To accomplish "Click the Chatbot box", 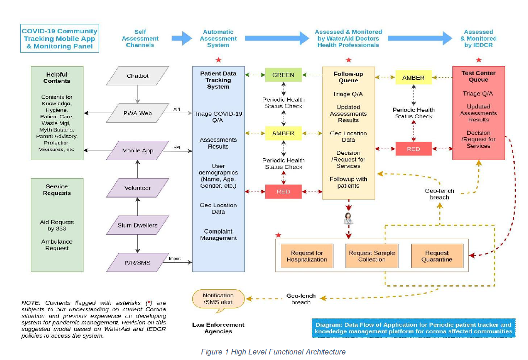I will coord(137,76).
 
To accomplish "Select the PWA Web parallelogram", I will coord(137,113).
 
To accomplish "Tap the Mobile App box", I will coord(137,150).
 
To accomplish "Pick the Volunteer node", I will coord(137,188).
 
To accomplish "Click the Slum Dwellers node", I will coord(137,225).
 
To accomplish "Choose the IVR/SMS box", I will coord(137,263).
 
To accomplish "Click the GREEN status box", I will coord(283,75).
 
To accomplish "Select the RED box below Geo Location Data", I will coord(283,192).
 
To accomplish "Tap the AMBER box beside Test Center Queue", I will coord(413,78).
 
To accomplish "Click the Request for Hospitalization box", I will coord(306,256).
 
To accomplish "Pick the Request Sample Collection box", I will coord(372,256).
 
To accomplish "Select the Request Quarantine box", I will coord(437,256).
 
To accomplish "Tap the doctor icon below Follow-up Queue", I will coord(348,220).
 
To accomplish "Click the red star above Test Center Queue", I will coord(479,60).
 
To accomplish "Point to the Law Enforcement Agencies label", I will coord(212,328).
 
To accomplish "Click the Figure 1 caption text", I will coord(273,352).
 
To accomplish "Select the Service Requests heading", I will coord(57,190).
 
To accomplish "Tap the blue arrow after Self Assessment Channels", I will coord(181,38).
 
